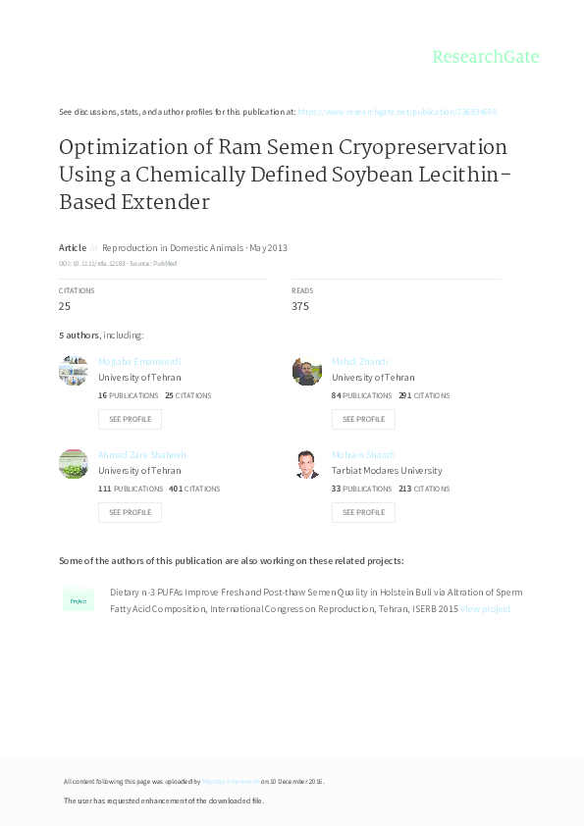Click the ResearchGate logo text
486,57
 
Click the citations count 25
65,306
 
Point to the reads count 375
300,306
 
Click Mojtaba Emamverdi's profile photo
74,371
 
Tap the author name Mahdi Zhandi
359,362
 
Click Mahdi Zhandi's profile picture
306,371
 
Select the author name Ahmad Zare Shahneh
142,455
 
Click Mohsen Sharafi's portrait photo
306,464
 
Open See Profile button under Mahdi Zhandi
363,419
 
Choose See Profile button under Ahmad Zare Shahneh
130,512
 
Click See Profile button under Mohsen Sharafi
363,512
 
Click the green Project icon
79,600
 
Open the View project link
485,609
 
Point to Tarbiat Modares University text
387,471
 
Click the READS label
301,290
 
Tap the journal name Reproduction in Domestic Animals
173,248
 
